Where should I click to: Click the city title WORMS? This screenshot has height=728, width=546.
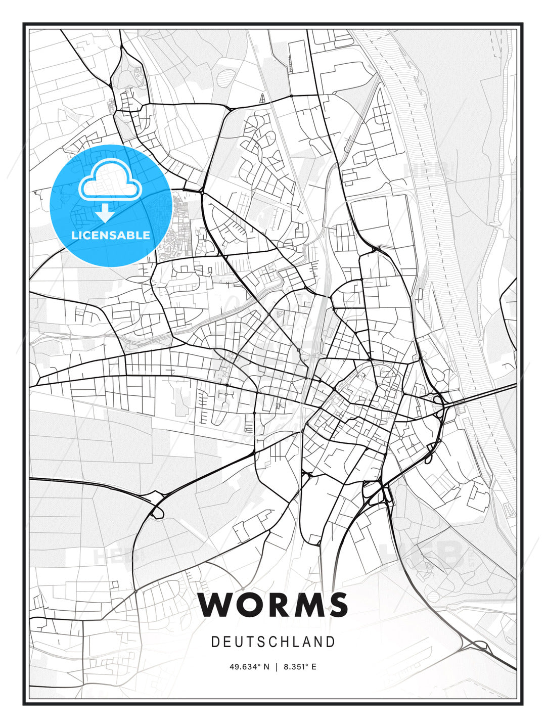pyautogui.click(x=273, y=605)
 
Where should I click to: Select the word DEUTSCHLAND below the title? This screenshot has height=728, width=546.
pyautogui.click(x=273, y=642)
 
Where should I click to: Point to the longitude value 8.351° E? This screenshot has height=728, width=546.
pyautogui.click(x=300, y=667)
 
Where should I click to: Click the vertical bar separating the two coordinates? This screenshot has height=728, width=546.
pyautogui.click(x=277, y=667)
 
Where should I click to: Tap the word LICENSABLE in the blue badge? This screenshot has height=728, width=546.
pyautogui.click(x=111, y=236)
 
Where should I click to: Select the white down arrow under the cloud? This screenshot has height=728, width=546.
pyautogui.click(x=105, y=212)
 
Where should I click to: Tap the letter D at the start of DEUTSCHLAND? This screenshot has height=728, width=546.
pyautogui.click(x=215, y=642)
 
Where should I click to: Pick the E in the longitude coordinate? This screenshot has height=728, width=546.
pyautogui.click(x=314, y=667)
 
